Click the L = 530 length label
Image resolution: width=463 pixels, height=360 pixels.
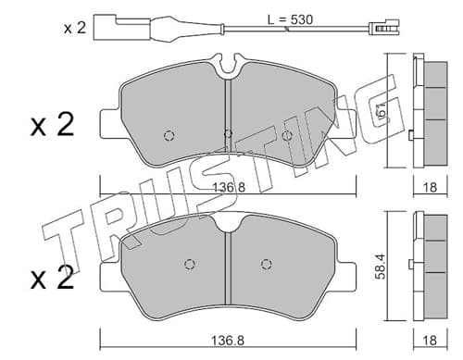coord(290,19)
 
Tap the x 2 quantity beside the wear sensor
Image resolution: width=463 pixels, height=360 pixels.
coord(75,28)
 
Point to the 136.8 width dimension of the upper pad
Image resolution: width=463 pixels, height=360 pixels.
coord(229,187)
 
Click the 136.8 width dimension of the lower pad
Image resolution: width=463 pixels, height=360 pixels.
coord(228,341)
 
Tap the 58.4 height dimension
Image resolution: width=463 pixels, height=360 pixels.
coord(382,267)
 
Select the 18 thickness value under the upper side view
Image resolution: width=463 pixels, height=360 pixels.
coord(431,187)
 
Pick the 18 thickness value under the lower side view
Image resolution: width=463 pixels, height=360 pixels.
coord(431,340)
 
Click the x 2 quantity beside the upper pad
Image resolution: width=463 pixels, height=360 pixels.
coord(52,125)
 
